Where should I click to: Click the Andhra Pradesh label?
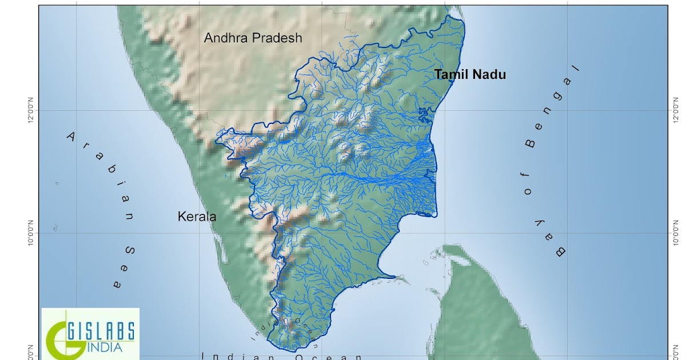pyautogui.click(x=253, y=38)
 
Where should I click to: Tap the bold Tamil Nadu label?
pyautogui.click(x=470, y=74)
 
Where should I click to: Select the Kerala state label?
pyautogui.click(x=197, y=217)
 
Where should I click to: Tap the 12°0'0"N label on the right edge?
pyautogui.click(x=678, y=111)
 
